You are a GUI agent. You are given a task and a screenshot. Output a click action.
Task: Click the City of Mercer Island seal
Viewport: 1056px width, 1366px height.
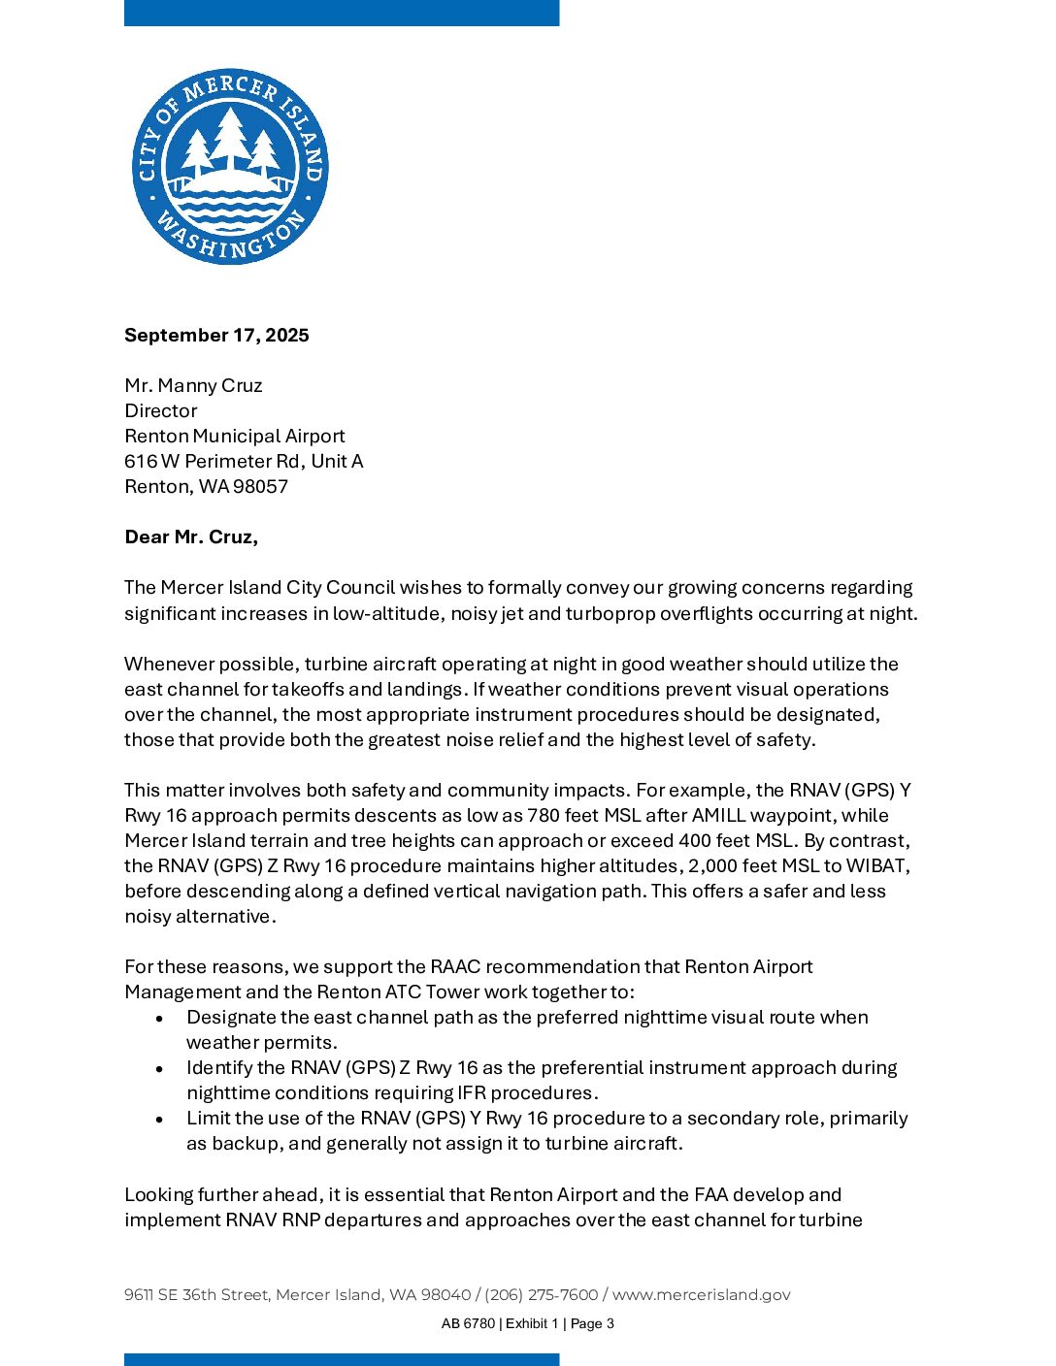coord(230,166)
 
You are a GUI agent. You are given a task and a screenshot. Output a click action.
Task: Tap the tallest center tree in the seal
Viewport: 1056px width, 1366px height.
coord(230,136)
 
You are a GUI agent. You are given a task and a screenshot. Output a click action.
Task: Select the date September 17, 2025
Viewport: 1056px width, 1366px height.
coord(216,335)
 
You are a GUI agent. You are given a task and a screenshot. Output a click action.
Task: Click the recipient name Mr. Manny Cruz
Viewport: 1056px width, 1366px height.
coord(193,385)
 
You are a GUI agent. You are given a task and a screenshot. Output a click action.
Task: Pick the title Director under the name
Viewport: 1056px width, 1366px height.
coord(160,410)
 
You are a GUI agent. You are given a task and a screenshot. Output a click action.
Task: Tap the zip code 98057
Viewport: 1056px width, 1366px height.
coord(260,486)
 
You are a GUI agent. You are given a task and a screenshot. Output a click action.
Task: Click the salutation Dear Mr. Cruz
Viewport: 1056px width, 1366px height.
coord(191,537)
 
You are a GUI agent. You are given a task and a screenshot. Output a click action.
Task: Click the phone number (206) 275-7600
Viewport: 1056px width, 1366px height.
coord(542,1294)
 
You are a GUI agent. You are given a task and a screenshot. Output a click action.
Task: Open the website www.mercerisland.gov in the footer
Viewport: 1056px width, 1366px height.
coord(701,1294)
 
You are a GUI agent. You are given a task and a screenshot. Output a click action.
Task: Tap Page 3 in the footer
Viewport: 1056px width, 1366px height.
coord(592,1323)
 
